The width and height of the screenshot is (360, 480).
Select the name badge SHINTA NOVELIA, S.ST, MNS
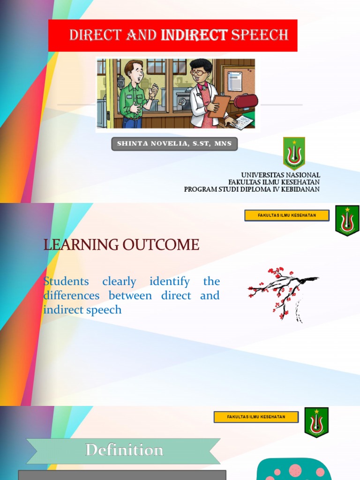[174, 144]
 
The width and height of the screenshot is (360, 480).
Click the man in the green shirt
[134, 94]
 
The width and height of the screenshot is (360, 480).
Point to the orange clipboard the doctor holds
[219, 105]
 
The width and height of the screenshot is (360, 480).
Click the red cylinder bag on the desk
[246, 101]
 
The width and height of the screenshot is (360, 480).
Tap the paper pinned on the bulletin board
[234, 81]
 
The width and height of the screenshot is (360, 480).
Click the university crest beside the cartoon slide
[294, 153]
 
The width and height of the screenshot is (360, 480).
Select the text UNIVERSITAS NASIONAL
[280, 175]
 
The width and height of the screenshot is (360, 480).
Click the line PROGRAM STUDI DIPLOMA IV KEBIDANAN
[252, 189]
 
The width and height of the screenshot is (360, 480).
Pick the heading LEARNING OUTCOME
[121, 245]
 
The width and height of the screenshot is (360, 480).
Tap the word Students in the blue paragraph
[66, 282]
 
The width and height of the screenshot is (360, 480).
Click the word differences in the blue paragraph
[71, 296]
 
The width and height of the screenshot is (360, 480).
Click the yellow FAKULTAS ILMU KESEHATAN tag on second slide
[287, 216]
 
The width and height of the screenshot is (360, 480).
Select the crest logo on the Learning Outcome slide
[347, 220]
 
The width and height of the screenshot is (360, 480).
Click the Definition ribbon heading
[124, 450]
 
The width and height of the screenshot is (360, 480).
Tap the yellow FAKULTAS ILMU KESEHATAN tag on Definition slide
[256, 417]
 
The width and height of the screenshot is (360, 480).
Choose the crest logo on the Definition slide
[316, 422]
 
